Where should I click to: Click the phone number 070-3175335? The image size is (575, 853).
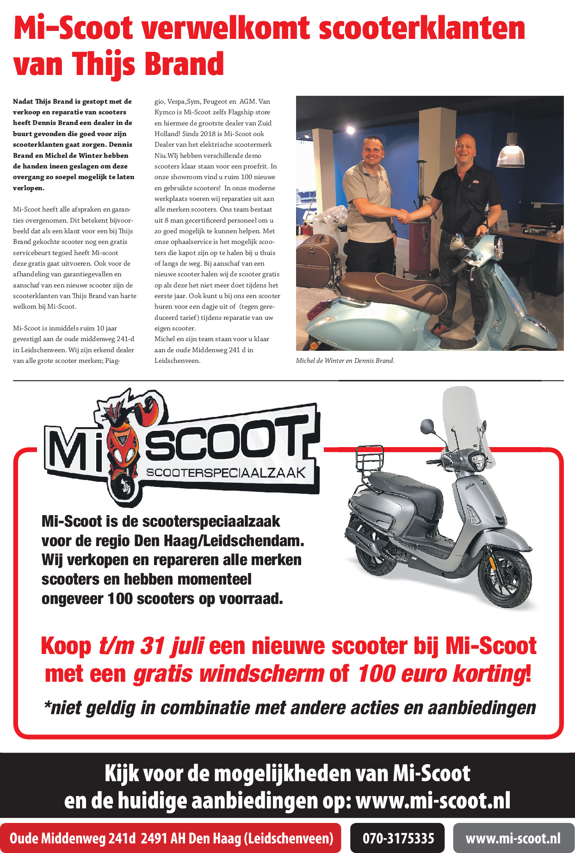(398, 838)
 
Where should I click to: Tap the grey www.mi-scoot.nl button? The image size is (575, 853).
(513, 838)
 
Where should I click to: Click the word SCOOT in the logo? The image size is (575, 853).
(227, 440)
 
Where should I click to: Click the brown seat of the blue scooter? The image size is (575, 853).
(398, 287)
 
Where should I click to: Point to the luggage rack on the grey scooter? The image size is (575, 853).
(370, 458)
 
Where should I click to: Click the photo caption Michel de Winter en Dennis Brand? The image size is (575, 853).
(345, 361)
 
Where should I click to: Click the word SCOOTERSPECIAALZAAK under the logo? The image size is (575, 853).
(226, 473)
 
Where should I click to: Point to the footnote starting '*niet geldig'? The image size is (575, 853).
(290, 708)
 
